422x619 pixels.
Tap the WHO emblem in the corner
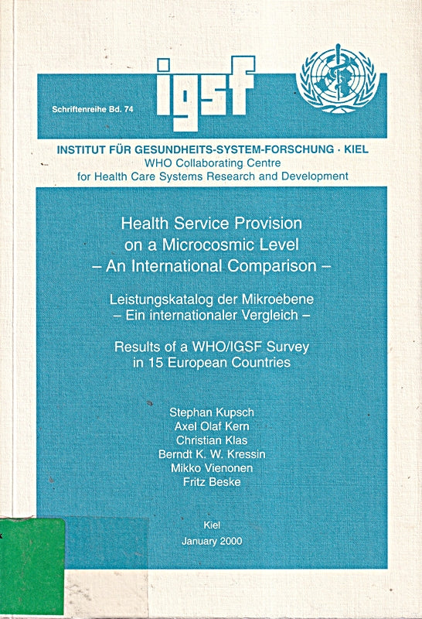tap(335, 80)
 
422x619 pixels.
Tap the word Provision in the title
tap(264, 224)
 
